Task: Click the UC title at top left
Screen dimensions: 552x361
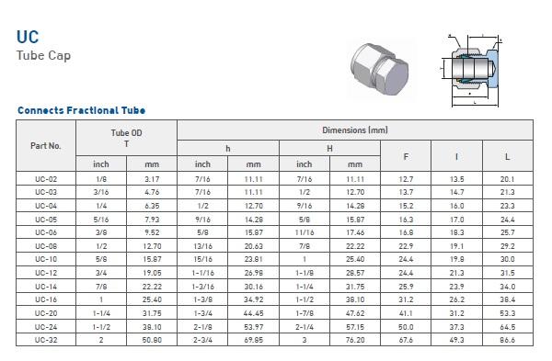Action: pos(28,37)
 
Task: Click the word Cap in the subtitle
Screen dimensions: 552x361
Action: pos(59,56)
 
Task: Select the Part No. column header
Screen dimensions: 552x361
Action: pos(46,145)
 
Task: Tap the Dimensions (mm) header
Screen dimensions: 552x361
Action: pos(355,130)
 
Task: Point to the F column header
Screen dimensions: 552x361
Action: pos(406,157)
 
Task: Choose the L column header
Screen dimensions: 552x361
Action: pos(507,157)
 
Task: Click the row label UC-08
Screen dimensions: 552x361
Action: pos(46,246)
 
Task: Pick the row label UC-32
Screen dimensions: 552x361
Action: pos(46,340)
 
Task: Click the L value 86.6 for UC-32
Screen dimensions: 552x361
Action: pos(507,340)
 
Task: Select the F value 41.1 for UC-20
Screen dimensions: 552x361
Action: pos(406,313)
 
